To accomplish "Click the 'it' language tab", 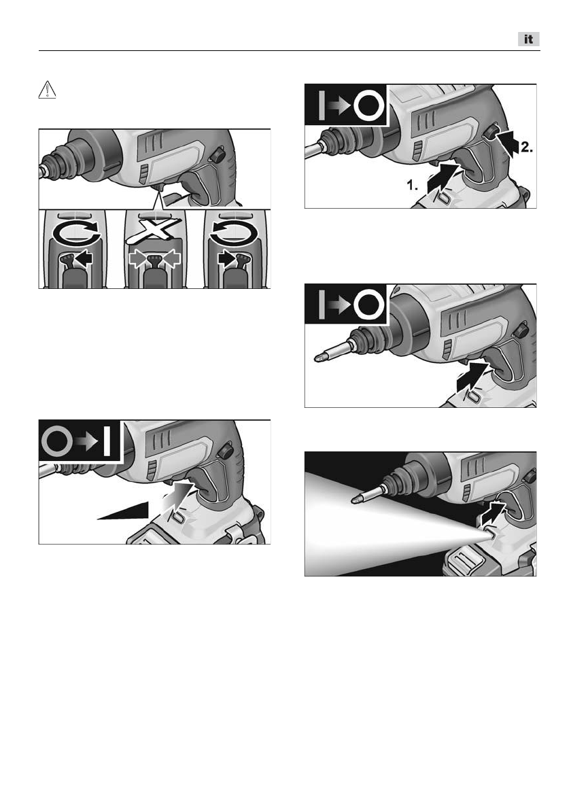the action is tap(529, 39).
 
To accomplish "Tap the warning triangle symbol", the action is tap(47, 90).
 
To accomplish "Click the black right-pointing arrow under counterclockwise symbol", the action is tap(227, 258).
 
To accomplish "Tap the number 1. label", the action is tap(412, 185).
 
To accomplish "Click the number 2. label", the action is tap(526, 147).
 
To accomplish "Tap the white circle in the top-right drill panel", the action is tap(370, 106).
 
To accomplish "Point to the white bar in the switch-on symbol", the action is tap(107, 442).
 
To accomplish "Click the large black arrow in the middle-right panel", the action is tap(472, 378).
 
